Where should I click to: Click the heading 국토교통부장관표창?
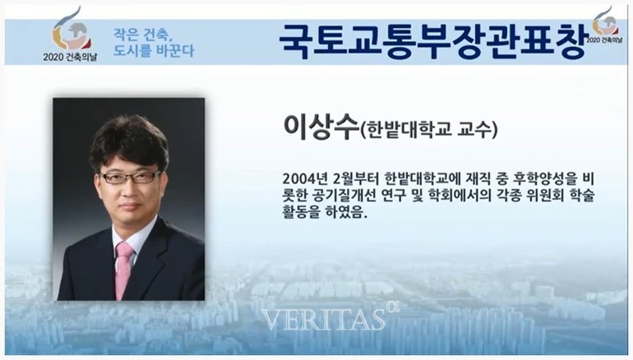click(x=432, y=42)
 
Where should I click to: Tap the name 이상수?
click(x=321, y=127)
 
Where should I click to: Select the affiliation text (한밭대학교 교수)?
click(x=429, y=130)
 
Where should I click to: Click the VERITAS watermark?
click(x=323, y=319)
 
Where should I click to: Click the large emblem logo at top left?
click(x=72, y=32)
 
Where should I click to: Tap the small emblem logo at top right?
click(x=605, y=21)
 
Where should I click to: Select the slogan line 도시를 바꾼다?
click(x=154, y=51)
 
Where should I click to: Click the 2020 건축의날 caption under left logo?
click(x=70, y=57)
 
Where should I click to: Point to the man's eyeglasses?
click(x=131, y=177)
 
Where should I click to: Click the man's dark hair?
click(x=129, y=139)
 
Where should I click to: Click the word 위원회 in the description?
click(x=545, y=196)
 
